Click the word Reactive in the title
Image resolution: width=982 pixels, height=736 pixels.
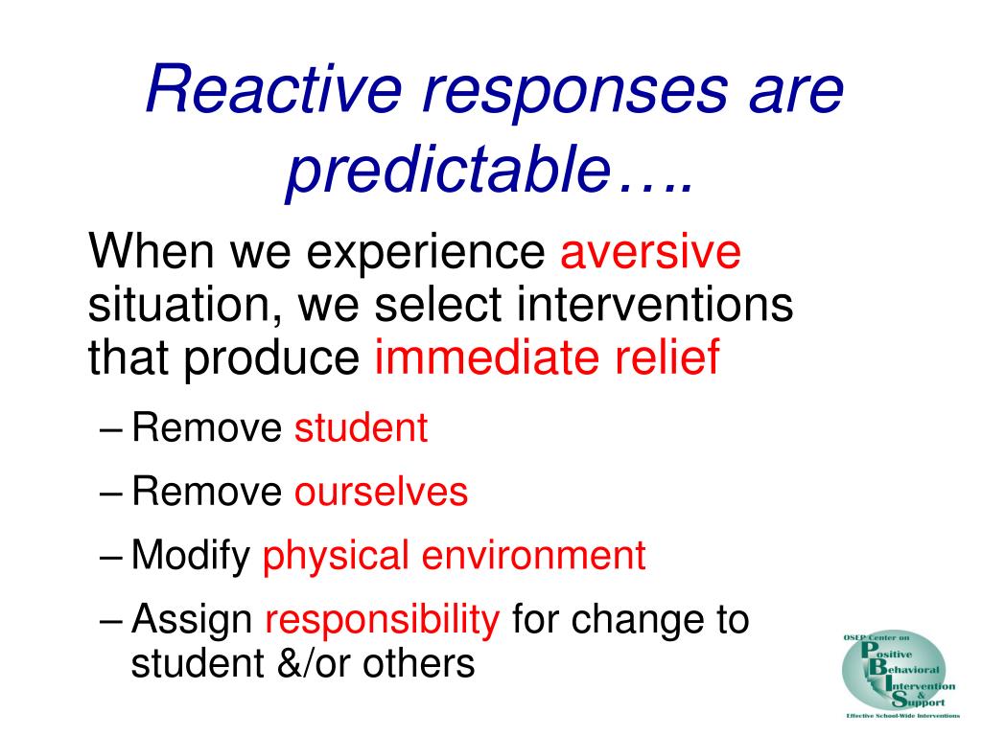click(x=273, y=89)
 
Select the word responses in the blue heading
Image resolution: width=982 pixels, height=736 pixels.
click(x=575, y=95)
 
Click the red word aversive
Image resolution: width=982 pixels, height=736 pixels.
click(x=650, y=252)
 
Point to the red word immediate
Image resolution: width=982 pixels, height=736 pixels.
click(x=485, y=356)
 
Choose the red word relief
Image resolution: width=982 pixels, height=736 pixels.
click(x=667, y=356)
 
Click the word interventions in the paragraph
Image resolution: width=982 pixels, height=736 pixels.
click(x=655, y=304)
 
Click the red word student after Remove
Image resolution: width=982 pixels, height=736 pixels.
click(x=361, y=428)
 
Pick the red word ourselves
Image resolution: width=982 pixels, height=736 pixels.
click(x=381, y=492)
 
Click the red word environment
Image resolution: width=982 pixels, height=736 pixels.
click(x=533, y=556)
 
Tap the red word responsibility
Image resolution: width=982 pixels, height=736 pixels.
click(x=382, y=621)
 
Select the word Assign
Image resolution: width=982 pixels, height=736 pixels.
click(x=192, y=621)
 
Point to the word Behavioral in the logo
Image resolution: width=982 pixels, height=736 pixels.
click(x=903, y=668)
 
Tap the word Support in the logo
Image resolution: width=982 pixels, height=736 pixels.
click(x=918, y=701)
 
